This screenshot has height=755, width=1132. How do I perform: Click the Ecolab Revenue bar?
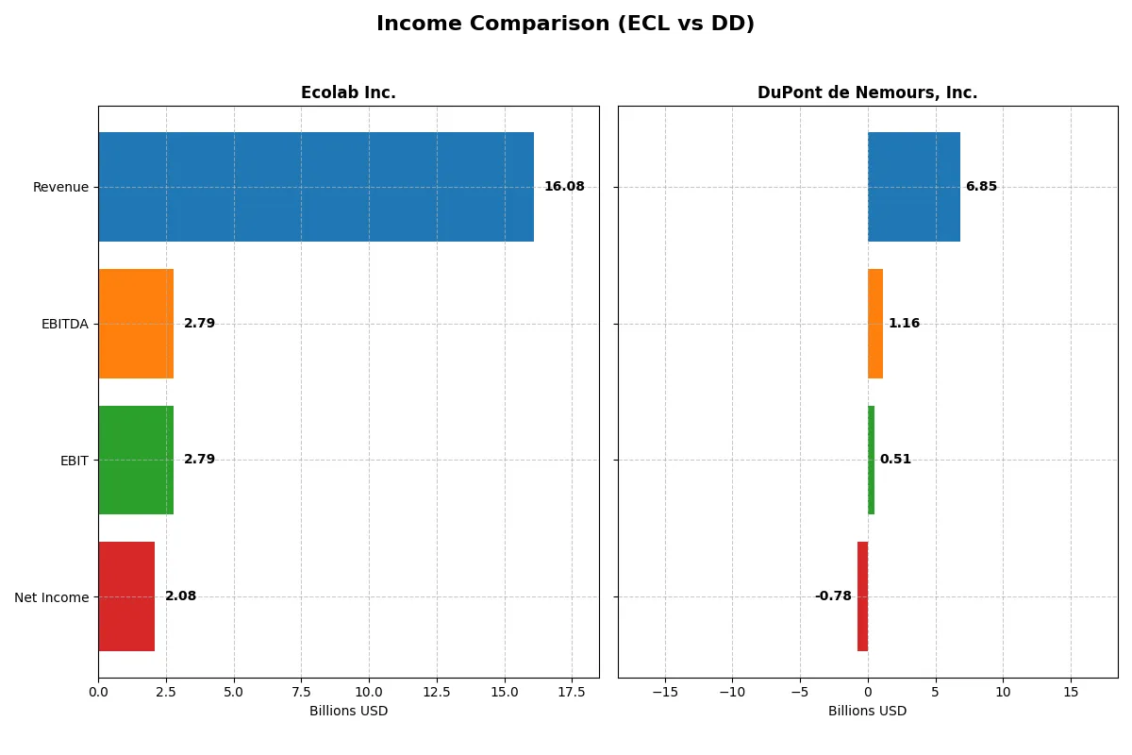click(x=316, y=187)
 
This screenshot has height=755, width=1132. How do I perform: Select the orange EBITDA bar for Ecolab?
click(x=136, y=324)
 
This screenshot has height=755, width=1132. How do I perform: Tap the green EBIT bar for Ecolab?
click(x=136, y=460)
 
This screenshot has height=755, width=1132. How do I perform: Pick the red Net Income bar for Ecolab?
click(x=126, y=596)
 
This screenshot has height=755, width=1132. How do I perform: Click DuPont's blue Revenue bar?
click(x=914, y=187)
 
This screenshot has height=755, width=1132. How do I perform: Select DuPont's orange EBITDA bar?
click(x=875, y=324)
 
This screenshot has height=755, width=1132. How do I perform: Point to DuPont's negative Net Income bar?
click(x=862, y=596)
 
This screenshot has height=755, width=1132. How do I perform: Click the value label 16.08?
click(x=564, y=187)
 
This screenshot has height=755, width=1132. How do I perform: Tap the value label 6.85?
click(x=981, y=187)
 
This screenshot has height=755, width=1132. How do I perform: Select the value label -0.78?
click(x=833, y=596)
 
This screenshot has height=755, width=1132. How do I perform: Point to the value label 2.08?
click(x=180, y=596)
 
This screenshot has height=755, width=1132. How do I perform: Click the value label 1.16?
click(x=904, y=324)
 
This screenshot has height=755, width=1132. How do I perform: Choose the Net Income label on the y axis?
click(x=52, y=597)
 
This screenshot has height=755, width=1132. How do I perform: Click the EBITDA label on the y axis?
click(x=65, y=324)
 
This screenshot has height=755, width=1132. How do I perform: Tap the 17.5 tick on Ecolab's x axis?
click(x=572, y=691)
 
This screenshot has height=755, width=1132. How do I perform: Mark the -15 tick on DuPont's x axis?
click(x=665, y=691)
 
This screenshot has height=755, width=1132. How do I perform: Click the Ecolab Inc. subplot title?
click(x=348, y=92)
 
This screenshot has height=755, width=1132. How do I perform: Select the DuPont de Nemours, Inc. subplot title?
click(x=867, y=92)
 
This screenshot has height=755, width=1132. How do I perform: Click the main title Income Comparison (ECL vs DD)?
click(x=565, y=25)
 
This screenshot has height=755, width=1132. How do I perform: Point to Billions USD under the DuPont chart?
click(x=867, y=711)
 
